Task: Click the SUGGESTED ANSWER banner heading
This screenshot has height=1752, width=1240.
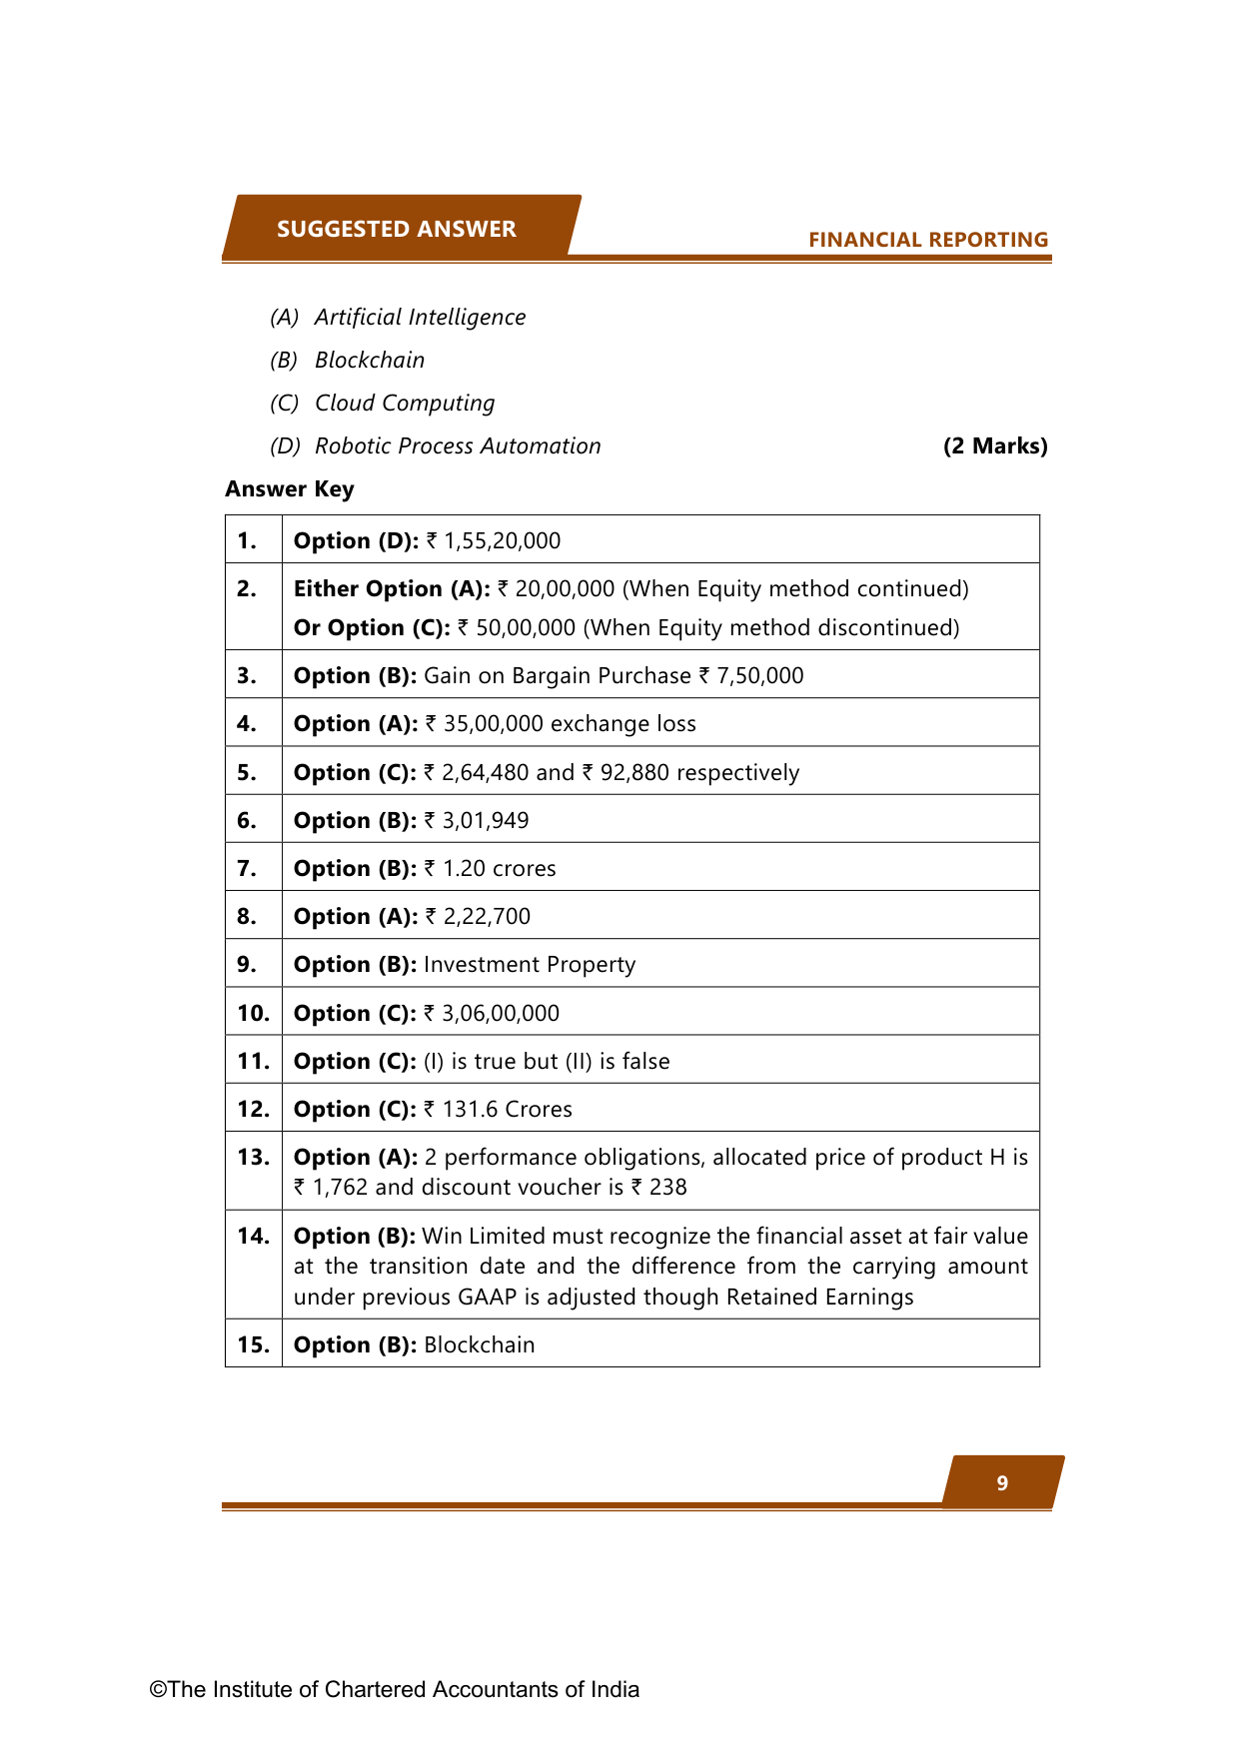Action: point(396,229)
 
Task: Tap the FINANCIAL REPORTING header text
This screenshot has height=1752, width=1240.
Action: point(927,240)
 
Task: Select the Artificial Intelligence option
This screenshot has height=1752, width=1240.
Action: point(420,318)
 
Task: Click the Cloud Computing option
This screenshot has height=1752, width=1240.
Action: point(405,404)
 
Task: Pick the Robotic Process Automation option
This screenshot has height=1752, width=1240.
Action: point(458,446)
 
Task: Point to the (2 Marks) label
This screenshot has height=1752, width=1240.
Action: point(995,446)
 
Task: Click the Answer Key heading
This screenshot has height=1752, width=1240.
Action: point(290,489)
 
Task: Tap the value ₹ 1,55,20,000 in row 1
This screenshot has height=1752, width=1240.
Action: point(494,541)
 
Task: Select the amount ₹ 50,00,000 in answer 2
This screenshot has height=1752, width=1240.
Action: point(517,628)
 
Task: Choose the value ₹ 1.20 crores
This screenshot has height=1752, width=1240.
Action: point(490,869)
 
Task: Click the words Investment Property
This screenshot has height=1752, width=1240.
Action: point(530,965)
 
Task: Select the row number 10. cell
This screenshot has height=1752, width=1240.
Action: point(253,1014)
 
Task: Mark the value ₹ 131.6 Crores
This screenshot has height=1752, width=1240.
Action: point(498,1110)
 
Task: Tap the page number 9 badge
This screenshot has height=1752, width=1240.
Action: point(1002,1483)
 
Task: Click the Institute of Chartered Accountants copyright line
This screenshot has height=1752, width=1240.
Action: point(395,1690)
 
